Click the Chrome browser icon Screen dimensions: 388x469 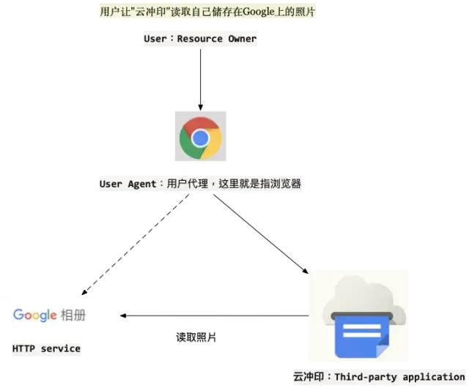[x=200, y=136]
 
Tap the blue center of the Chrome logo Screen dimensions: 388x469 [x=200, y=138]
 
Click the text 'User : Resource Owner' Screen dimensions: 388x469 [x=200, y=38]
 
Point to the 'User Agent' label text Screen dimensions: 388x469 [x=128, y=184]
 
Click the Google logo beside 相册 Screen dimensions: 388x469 [x=35, y=315]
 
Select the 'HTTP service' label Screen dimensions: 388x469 [x=46, y=348]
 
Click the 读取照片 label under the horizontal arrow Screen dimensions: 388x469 [x=196, y=337]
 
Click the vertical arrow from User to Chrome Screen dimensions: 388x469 [x=200, y=77]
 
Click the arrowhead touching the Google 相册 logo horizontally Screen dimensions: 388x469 [x=125, y=316]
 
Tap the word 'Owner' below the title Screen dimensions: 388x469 [x=240, y=38]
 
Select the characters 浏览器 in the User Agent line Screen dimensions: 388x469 [x=287, y=184]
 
